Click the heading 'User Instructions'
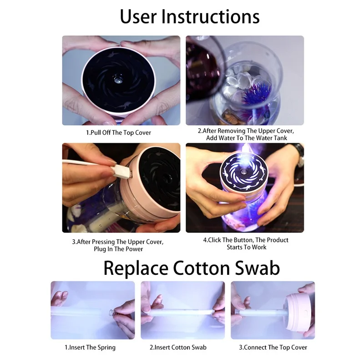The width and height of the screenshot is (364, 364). click(190, 17)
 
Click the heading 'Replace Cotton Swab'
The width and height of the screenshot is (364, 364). click(192, 268)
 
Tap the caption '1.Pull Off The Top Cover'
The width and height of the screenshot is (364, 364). click(118, 132)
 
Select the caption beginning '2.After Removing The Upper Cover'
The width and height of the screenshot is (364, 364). click(246, 134)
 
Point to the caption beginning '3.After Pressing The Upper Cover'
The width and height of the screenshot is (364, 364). click(118, 245)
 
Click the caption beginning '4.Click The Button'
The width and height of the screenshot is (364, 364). click(246, 243)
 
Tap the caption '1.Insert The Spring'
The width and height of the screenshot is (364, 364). click(90, 348)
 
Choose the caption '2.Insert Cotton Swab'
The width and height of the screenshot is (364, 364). click(178, 348)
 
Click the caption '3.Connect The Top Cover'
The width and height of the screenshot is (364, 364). click(273, 348)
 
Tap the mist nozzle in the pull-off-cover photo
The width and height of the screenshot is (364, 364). click(117, 79)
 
